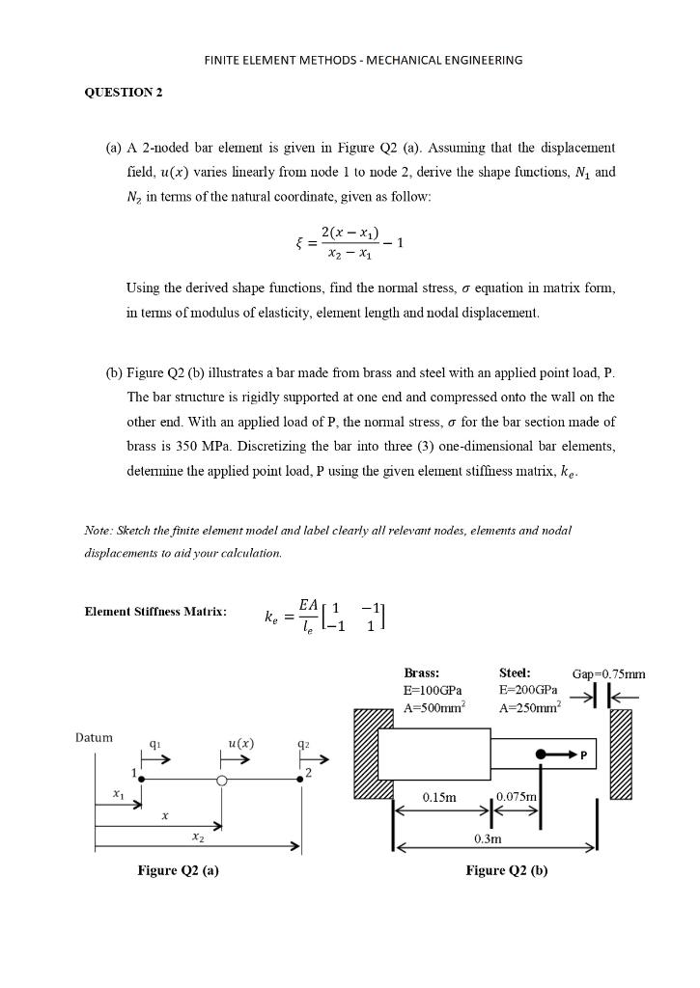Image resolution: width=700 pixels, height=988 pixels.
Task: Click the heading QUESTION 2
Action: (x=124, y=93)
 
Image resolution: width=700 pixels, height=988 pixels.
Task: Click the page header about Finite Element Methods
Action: (x=363, y=60)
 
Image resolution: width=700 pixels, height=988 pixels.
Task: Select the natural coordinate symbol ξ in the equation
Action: (x=300, y=243)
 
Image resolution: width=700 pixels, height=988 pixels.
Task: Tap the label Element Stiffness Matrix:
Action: (x=155, y=612)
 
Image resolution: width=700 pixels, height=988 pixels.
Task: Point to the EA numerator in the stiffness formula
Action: (x=308, y=604)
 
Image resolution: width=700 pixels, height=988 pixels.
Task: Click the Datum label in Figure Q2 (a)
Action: (x=94, y=738)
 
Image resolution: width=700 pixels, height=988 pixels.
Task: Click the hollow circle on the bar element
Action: (x=222, y=781)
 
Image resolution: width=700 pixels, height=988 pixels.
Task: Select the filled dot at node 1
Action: (x=142, y=780)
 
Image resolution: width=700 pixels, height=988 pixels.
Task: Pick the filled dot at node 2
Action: (x=300, y=780)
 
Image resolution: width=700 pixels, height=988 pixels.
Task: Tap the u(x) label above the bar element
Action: (x=240, y=743)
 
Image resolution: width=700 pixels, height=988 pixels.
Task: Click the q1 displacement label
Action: (x=154, y=744)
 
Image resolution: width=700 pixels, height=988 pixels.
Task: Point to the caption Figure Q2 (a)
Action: (x=178, y=870)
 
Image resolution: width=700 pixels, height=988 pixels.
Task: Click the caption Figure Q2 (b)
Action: (x=506, y=870)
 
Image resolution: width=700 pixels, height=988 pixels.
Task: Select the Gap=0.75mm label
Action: (x=608, y=673)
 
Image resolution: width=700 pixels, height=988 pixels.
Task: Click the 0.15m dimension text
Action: (x=439, y=797)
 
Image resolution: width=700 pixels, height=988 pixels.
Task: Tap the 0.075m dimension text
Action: (x=516, y=795)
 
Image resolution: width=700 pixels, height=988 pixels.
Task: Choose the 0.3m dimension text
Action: (x=488, y=839)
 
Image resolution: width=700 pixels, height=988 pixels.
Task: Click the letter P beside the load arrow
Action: (x=583, y=754)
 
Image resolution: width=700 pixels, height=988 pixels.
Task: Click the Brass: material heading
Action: (x=421, y=672)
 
